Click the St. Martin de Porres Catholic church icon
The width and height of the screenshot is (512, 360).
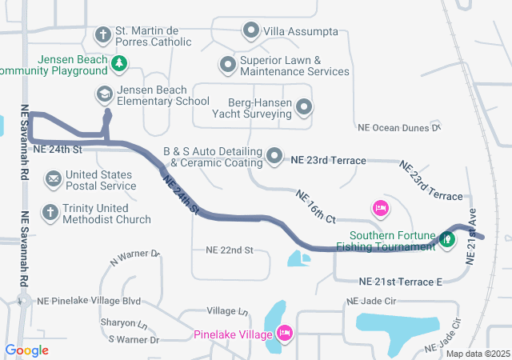103,34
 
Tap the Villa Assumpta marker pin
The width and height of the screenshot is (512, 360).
251,32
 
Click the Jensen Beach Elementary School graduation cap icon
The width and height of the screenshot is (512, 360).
103,94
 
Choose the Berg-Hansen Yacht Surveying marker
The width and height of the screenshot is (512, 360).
304,106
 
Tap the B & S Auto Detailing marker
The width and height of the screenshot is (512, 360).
274,155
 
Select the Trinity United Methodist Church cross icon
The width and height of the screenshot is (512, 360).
50,213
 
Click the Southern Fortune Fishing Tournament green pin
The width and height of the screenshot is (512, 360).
449,238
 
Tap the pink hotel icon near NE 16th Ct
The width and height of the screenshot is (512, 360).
381,209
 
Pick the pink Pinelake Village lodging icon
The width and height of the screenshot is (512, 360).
285,333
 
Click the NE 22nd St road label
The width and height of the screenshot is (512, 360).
230,250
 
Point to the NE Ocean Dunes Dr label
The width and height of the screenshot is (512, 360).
399,127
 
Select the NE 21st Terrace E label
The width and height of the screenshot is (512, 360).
401,282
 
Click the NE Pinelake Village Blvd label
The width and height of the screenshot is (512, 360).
89,301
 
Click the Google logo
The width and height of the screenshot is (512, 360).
26,350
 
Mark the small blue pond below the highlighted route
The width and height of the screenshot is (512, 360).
298,258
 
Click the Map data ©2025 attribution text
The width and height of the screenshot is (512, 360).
477,354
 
